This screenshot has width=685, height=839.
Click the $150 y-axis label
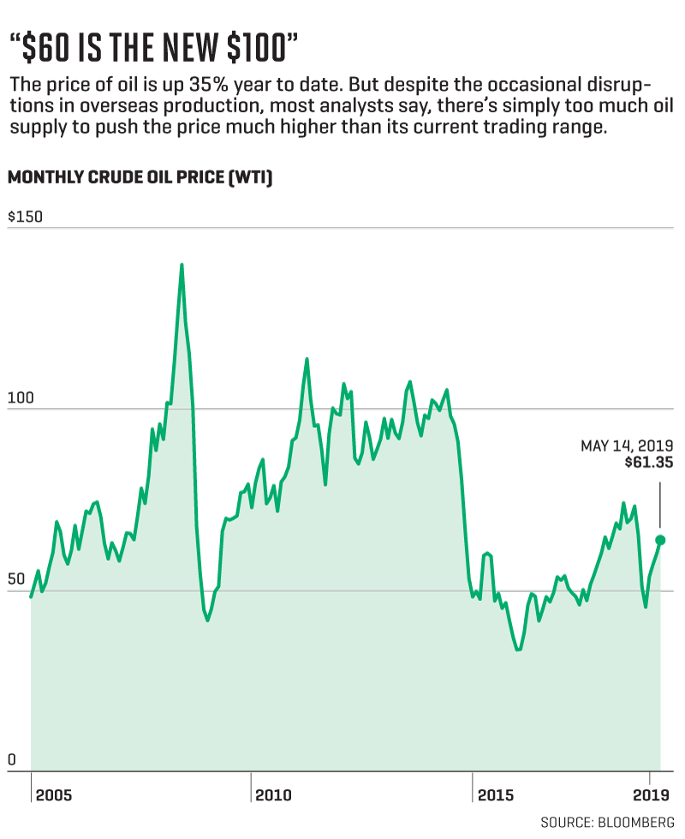click(25, 217)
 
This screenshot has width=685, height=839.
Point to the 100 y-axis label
click(20, 399)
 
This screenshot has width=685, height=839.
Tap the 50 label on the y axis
click(16, 580)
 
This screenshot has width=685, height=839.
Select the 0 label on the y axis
click(11, 760)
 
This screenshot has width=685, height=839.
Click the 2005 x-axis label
click(54, 795)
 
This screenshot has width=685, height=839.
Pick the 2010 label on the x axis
click(274, 795)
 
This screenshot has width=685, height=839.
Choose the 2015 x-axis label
click(496, 795)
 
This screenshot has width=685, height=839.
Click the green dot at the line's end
click(660, 540)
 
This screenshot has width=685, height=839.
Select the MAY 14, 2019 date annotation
click(627, 446)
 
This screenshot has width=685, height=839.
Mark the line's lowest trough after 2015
click(518, 650)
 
